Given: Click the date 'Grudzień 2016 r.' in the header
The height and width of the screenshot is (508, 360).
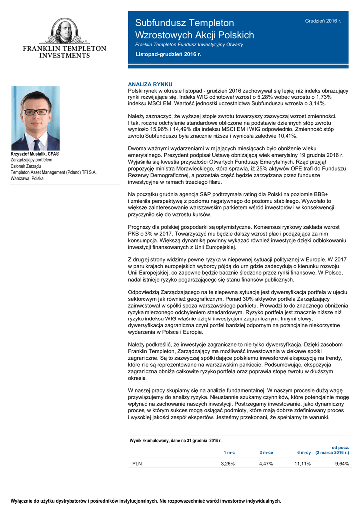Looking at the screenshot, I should (x=323, y=21).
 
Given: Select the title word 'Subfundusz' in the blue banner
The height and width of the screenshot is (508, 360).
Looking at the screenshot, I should (x=157, y=23).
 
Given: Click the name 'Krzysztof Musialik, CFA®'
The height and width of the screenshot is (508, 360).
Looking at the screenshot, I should (x=35, y=155).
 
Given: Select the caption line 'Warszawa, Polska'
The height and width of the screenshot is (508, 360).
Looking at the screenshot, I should (x=30, y=178).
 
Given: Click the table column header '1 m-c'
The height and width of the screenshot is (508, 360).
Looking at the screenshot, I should (x=229, y=453).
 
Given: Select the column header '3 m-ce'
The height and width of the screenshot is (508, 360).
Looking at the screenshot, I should (x=266, y=453).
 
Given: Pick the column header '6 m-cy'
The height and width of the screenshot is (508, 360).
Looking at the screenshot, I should (x=304, y=453).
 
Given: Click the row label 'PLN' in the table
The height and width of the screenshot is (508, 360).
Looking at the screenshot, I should (x=137, y=464).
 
